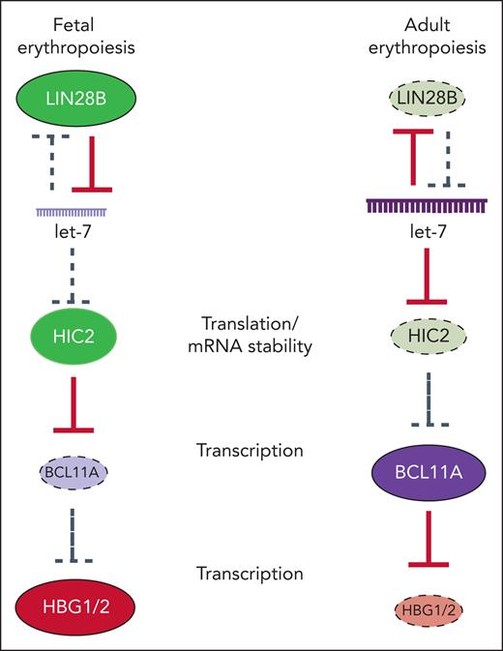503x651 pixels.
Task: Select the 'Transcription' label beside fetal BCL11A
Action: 251,450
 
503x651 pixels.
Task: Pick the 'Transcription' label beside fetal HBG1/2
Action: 251,574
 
